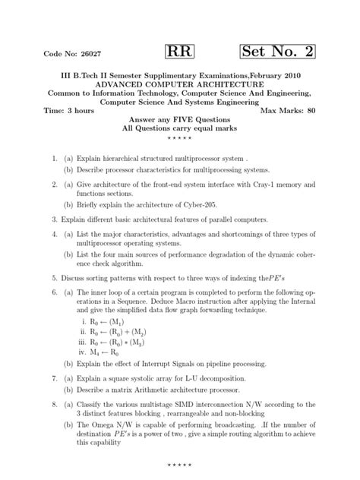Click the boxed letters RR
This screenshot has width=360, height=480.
pos(179,52)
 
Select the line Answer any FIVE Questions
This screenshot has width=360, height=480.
pos(179,119)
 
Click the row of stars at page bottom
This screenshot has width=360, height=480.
pos(179,463)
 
